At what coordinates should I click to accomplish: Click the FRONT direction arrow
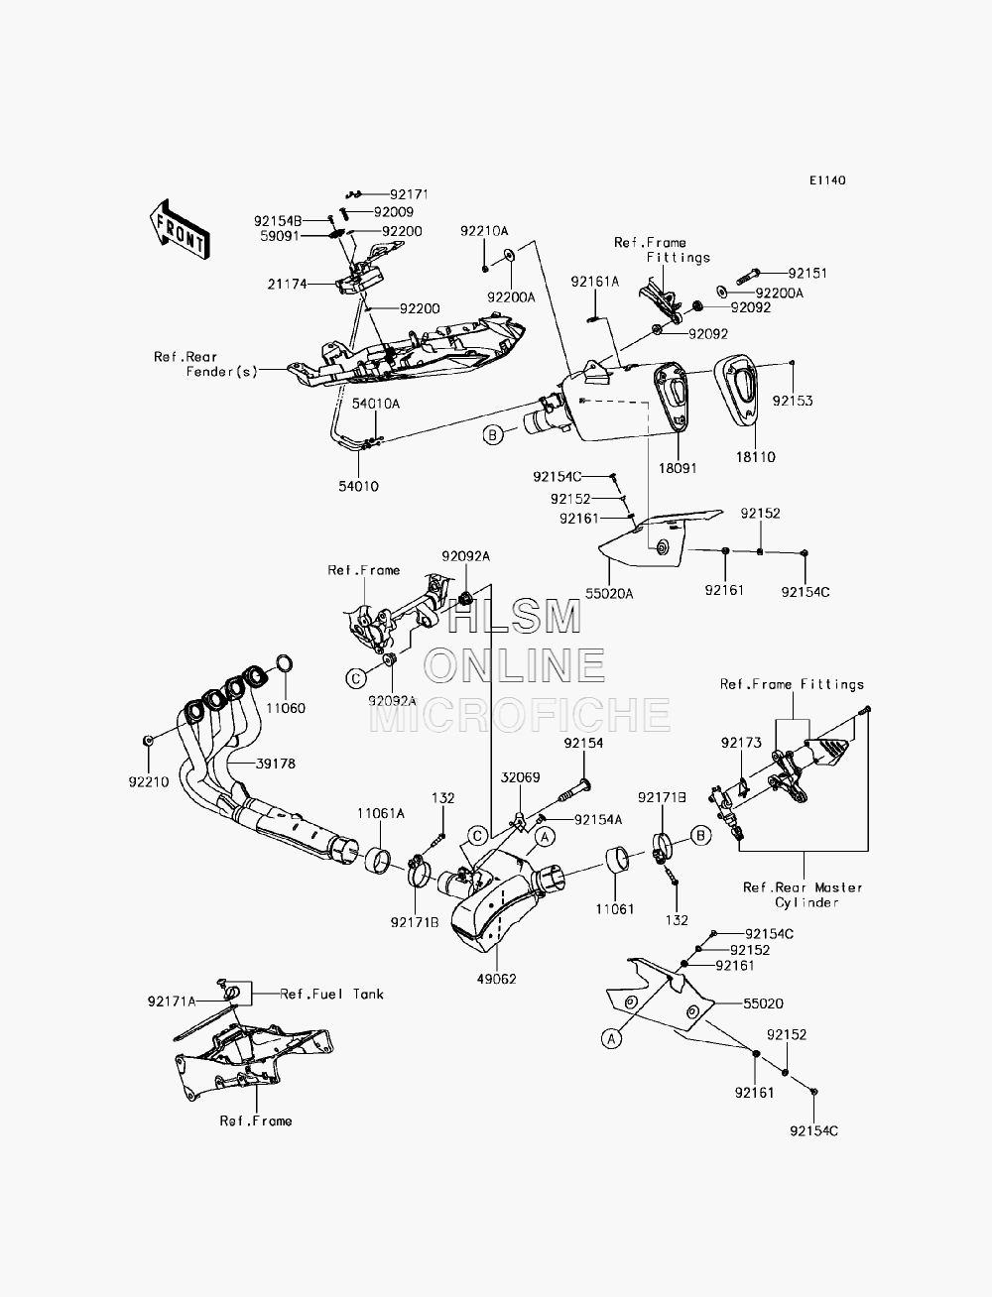click(180, 230)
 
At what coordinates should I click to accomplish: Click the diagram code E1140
click(827, 180)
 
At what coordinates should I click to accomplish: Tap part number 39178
click(276, 764)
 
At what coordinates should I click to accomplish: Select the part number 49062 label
click(497, 979)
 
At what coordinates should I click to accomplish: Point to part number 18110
click(756, 457)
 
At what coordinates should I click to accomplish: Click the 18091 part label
click(678, 468)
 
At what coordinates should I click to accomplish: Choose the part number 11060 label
click(286, 708)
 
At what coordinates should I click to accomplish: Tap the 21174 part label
click(288, 285)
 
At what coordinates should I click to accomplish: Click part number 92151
click(807, 273)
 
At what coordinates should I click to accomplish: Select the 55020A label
click(609, 593)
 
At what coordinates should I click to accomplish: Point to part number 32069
click(520, 777)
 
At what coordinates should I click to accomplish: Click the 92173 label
click(741, 742)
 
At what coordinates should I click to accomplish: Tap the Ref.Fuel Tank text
click(331, 994)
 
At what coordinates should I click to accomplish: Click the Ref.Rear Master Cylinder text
click(804, 894)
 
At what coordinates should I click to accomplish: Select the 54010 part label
click(358, 486)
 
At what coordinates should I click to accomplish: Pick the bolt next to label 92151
click(747, 275)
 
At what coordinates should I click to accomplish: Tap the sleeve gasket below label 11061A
click(378, 860)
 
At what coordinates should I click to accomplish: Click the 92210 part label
click(149, 781)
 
